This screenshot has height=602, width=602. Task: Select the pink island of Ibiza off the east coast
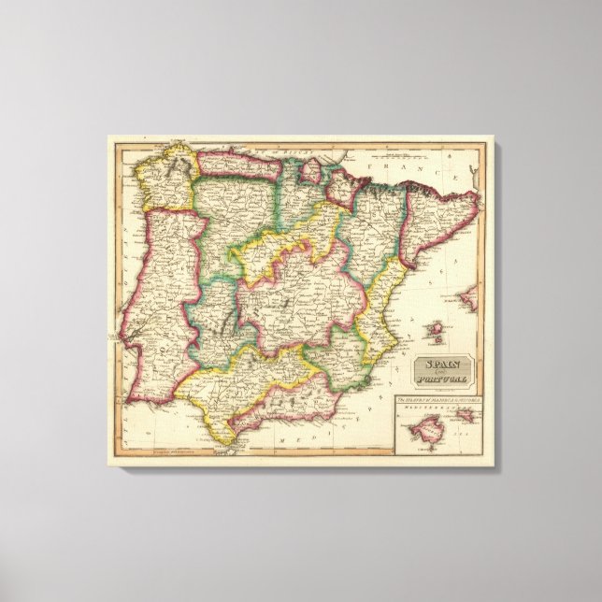433,329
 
